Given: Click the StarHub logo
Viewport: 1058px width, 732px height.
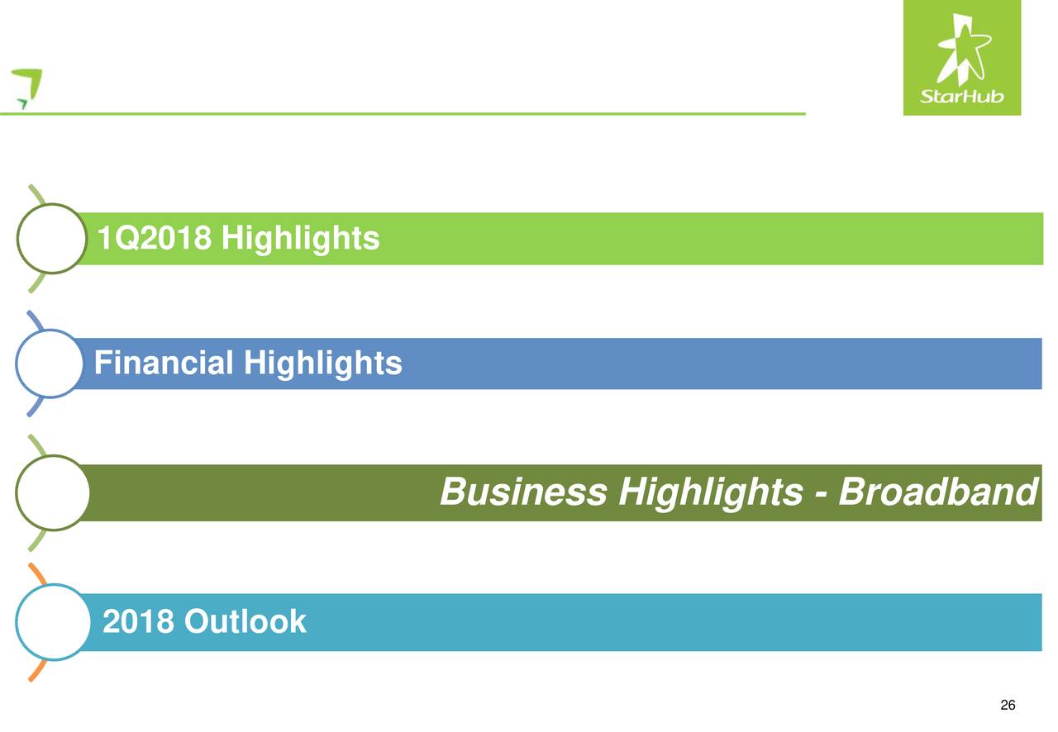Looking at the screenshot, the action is (961, 58).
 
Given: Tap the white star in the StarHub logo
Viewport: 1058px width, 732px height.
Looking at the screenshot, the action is (964, 49).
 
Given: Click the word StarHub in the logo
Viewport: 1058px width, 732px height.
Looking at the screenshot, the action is (961, 97).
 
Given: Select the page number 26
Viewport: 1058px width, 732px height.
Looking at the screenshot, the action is (1008, 705).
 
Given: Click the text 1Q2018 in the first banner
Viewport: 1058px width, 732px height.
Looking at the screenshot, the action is (155, 238).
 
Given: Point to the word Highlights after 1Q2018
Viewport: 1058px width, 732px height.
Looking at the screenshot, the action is (300, 239).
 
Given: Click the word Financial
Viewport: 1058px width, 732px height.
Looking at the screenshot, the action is (164, 363).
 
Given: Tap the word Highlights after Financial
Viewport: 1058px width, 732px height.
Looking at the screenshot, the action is (323, 364).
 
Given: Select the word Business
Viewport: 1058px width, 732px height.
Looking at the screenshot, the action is (523, 492).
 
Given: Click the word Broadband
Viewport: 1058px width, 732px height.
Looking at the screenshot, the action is (938, 492).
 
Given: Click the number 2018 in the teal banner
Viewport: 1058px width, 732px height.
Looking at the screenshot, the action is (138, 621).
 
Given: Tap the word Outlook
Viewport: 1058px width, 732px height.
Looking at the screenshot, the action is (245, 621).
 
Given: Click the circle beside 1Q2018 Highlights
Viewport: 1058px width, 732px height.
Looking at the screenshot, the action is (18, 239).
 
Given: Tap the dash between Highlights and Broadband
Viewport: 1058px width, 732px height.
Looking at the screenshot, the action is (821, 494).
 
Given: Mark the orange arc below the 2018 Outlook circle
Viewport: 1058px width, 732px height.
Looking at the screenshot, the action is (39, 671).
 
